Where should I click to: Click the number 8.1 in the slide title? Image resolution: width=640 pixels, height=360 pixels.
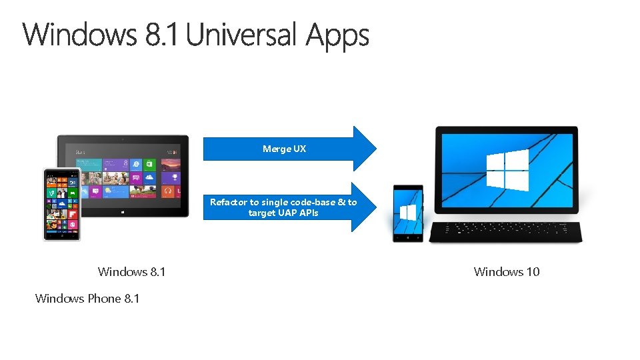pos(162,35)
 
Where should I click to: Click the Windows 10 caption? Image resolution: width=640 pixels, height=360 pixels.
pos(506,271)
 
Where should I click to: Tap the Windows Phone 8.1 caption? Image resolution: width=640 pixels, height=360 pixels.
pos(87,298)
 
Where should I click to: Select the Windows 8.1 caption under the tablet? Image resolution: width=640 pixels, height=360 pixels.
pos(131,271)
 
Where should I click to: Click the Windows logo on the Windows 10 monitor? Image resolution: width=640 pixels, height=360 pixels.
pos(507,170)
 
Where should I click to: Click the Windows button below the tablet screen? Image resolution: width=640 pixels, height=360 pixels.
pos(123,212)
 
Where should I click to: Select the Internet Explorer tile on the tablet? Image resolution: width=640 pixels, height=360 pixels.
pos(136,163)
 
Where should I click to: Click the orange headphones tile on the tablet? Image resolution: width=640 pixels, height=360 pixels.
pos(169,191)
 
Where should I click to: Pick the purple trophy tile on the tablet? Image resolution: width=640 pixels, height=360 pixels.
pos(175,178)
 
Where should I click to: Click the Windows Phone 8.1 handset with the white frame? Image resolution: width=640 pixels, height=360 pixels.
pos(62,203)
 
